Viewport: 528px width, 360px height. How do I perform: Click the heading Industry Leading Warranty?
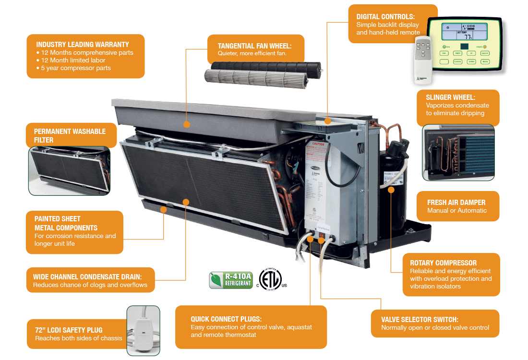pyautogui.click(x=82, y=45)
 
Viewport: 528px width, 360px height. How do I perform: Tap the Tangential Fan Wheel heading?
pyautogui.click(x=254, y=46)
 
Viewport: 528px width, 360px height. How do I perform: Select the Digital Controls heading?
pyautogui.click(x=385, y=17)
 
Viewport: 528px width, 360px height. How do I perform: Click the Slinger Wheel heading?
pyautogui.click(x=450, y=97)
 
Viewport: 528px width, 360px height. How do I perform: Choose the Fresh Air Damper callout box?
pyautogui.click(x=456, y=206)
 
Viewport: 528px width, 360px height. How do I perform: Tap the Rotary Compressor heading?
pyautogui.click(x=443, y=263)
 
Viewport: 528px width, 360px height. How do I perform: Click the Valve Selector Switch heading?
pyautogui.click(x=420, y=320)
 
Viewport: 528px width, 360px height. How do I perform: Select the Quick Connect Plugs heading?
pyautogui.click(x=226, y=319)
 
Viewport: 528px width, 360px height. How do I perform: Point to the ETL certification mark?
pyautogui.click(x=271, y=278)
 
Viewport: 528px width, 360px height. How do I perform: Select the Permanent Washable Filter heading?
pyautogui.click(x=70, y=135)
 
